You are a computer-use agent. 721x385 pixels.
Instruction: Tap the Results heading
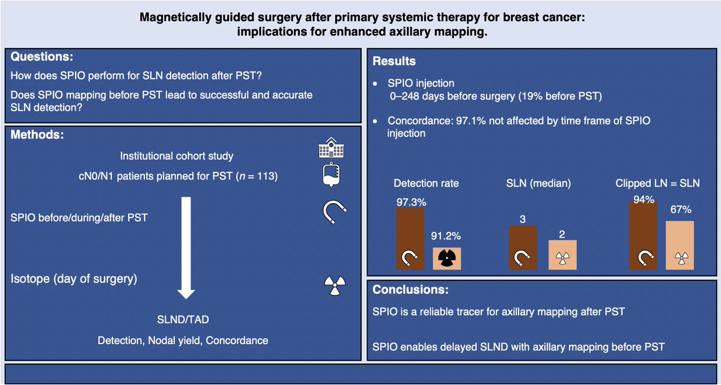(x=394, y=61)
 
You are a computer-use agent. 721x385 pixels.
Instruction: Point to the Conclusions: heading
(x=410, y=290)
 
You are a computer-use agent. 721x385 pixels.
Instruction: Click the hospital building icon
(x=329, y=148)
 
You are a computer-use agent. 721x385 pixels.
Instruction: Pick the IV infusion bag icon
(x=329, y=176)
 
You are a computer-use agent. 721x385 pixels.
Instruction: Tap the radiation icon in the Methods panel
(x=332, y=285)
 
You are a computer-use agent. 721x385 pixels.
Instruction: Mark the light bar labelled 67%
(x=680, y=245)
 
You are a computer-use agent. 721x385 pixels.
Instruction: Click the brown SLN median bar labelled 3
(x=523, y=247)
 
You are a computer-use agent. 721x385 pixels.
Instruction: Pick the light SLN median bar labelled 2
(x=562, y=255)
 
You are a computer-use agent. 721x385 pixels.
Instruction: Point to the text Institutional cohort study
(x=177, y=156)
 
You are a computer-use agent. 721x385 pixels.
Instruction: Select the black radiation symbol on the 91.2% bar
(x=447, y=258)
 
